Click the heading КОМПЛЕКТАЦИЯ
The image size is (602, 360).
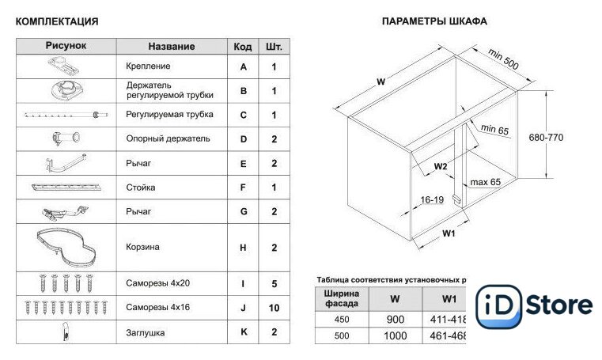tap(57, 21)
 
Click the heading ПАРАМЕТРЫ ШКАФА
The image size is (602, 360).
tap(434, 21)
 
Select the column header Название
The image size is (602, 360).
tap(171, 47)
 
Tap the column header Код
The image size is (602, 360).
tap(243, 47)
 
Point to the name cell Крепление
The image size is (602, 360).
tap(148, 67)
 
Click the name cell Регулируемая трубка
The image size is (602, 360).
tap(169, 115)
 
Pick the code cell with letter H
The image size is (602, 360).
tap(244, 248)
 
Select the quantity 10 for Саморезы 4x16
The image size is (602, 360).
tap(274, 307)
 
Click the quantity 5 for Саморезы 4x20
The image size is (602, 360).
tap(274, 283)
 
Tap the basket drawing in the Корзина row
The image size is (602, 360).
tap(66, 246)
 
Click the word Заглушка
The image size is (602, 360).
tap(146, 333)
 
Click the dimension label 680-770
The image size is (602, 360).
tap(546, 137)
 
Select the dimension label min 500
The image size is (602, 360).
tap(503, 59)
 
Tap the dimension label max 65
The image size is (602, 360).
tap(486, 183)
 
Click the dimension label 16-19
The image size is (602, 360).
tap(432, 200)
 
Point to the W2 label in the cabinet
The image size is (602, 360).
tap(441, 166)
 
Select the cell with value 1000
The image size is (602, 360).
tap(395, 336)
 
